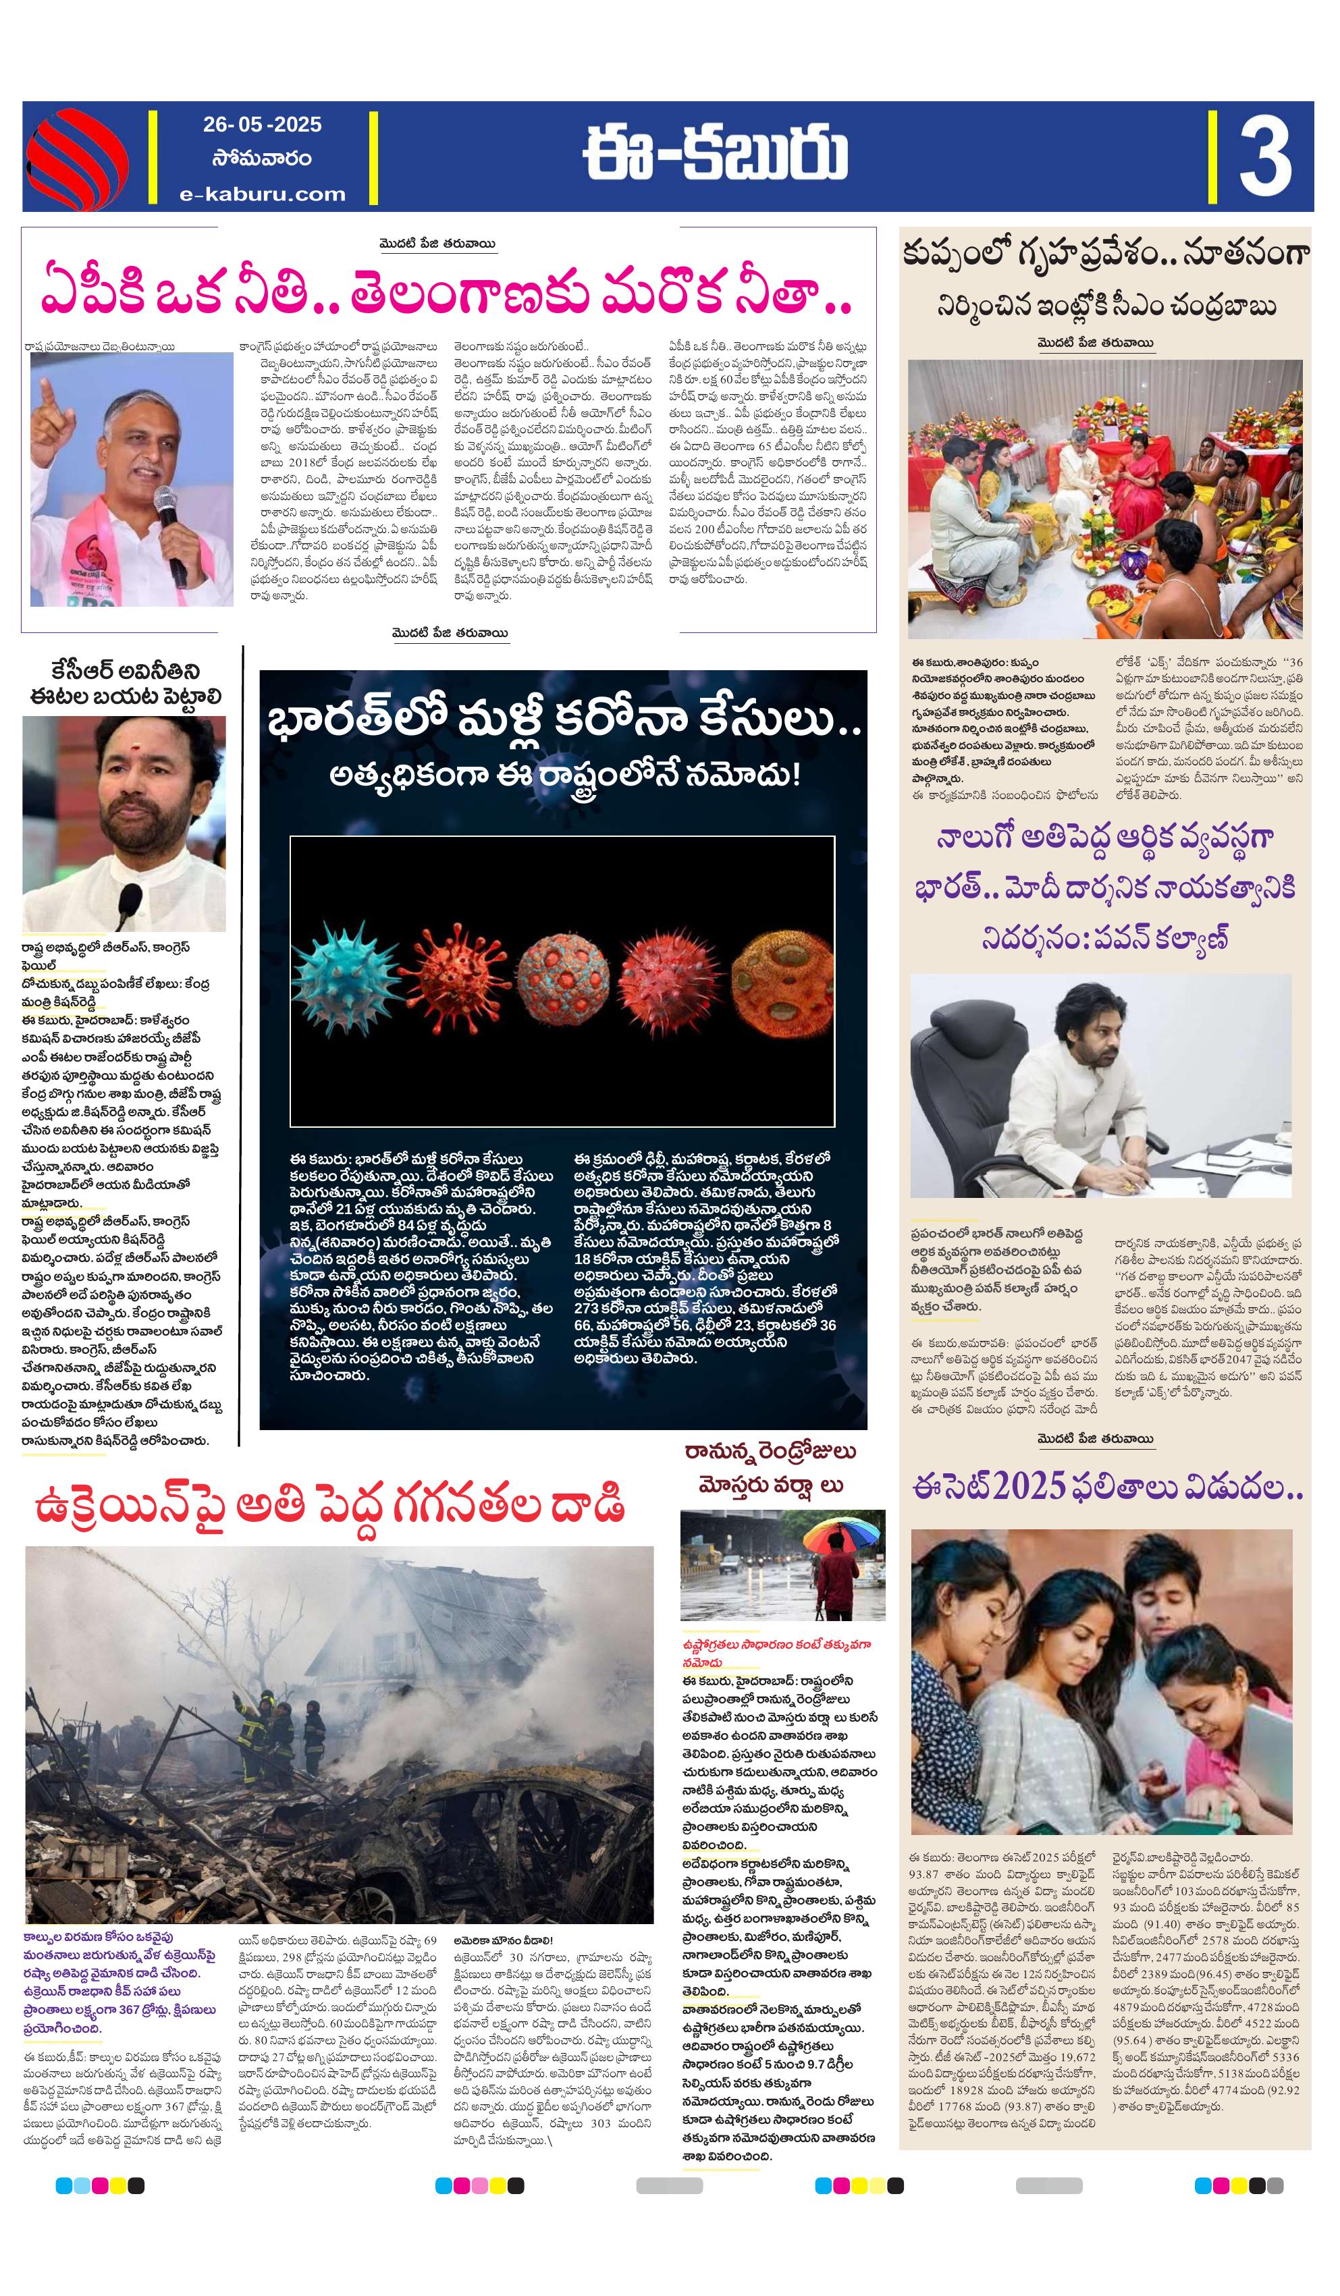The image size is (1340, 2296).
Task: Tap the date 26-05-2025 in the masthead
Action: click(263, 125)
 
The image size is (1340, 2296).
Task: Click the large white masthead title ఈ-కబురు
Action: click(716, 155)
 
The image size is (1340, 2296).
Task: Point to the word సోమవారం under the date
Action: click(263, 159)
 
